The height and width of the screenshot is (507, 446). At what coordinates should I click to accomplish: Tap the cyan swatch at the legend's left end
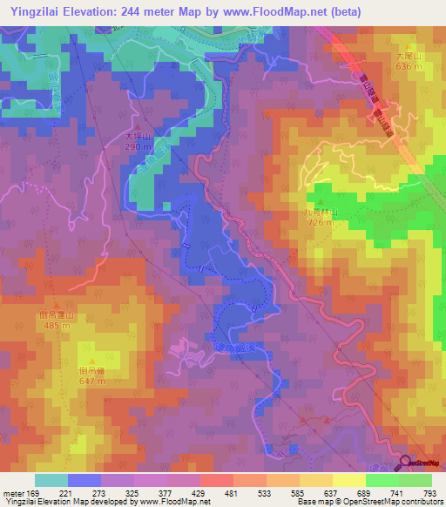[51, 480]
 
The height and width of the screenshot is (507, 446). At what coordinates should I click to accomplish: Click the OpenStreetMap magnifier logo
[406, 462]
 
